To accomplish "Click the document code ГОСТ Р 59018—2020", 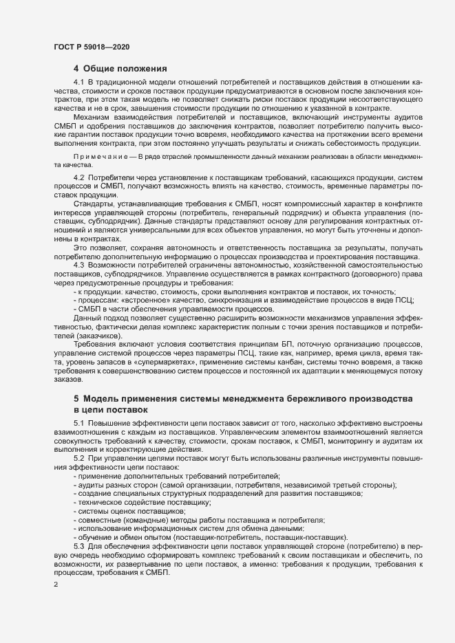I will [x=91, y=46].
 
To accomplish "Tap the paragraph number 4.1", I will [x=79, y=83].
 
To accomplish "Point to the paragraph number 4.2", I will [x=79, y=178].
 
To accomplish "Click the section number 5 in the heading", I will [x=76, y=400].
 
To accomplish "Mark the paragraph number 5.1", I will [x=79, y=423].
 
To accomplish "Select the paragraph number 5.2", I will [x=79, y=458].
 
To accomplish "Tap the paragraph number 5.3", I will [x=79, y=546].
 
